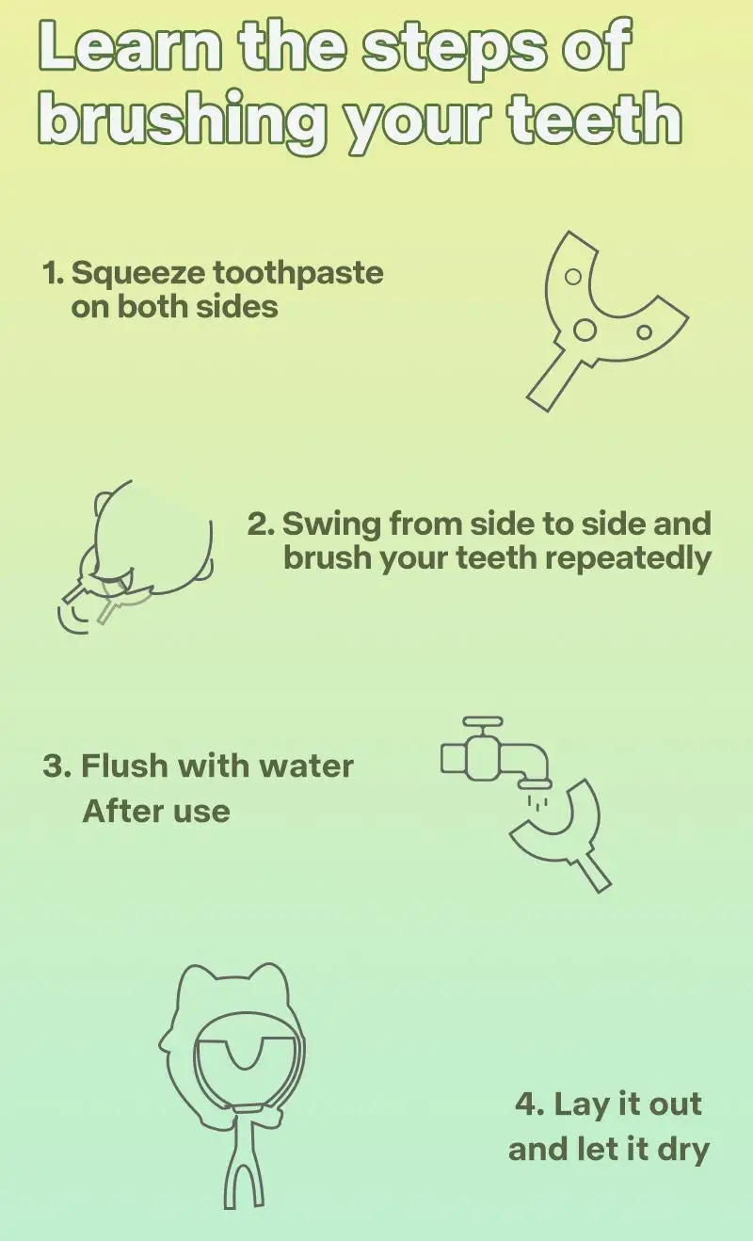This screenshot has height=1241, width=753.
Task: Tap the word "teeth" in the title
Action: coord(595,118)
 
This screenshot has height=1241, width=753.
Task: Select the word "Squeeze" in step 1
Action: coord(137,274)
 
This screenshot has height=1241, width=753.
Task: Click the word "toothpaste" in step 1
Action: coord(297,274)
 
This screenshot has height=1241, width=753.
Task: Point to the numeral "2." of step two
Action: coord(261,524)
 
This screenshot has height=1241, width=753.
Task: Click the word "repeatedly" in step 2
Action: coord(628,558)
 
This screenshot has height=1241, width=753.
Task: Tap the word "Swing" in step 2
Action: coord(331,525)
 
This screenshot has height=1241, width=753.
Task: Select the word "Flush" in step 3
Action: coord(124,766)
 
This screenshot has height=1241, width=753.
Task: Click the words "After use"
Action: coord(155,812)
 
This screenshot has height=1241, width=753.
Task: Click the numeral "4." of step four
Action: coord(530,1104)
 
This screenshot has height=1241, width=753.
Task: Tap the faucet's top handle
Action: coord(482,720)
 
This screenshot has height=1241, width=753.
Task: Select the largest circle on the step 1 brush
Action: coord(585,330)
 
